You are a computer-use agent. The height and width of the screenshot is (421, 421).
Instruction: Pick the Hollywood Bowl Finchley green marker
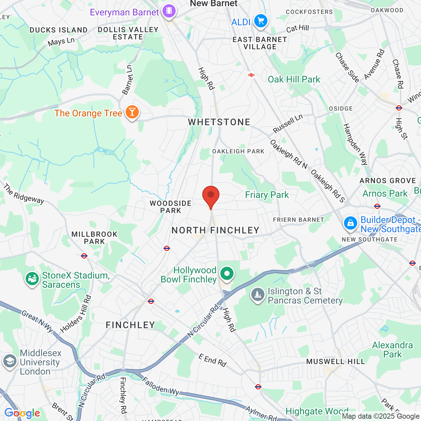tap(227, 274)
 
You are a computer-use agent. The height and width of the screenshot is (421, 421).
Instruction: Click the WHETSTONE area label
tap(219, 122)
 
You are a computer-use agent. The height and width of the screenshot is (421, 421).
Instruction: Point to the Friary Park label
tap(267, 195)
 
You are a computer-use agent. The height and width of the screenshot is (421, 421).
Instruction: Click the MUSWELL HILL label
tap(335, 362)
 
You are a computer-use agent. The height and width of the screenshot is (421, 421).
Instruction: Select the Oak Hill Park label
tap(294, 80)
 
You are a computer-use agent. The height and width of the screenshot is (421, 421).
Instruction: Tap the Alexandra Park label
tap(392, 350)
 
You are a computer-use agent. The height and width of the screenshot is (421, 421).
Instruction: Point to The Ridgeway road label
tap(24, 194)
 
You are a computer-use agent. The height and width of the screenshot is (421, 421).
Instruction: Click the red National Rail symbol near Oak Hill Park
tap(251, 75)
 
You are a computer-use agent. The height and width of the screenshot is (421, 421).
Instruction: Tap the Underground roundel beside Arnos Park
tap(377, 206)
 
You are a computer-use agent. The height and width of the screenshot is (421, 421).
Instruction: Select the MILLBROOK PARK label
tap(94, 238)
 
